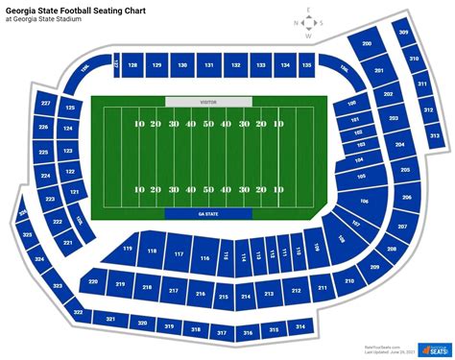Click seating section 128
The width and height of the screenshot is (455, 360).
coord(132,65)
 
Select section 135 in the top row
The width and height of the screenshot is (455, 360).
coord(306,65)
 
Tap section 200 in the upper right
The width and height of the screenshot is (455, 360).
coord(366,44)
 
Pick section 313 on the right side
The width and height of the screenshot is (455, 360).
coord(434,136)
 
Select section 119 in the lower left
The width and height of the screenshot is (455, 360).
coord(128,249)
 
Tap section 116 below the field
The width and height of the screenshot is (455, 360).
coord(204,257)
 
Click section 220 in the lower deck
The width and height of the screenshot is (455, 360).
coord(92,282)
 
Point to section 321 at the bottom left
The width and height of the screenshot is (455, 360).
coord(110,319)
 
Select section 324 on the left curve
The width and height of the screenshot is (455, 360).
coord(38,259)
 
